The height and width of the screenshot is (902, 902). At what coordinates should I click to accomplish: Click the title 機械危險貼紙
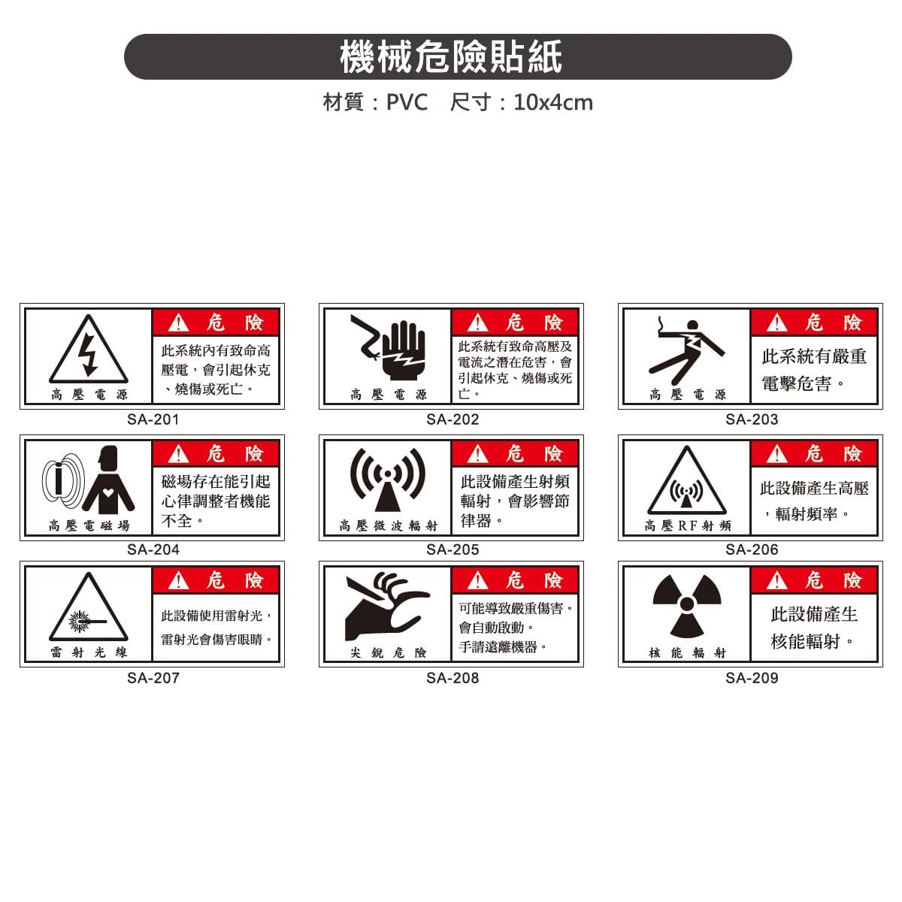tap(451, 57)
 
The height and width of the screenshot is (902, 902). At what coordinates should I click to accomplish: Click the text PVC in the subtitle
tap(407, 102)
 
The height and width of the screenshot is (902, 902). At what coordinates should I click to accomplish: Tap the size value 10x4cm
tap(553, 102)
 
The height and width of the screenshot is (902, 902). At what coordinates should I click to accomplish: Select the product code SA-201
tap(153, 419)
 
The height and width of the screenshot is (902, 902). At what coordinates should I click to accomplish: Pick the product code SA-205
tap(453, 549)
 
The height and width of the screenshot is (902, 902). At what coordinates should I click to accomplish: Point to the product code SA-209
tap(752, 678)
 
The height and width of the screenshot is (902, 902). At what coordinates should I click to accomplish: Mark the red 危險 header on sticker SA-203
tap(814, 322)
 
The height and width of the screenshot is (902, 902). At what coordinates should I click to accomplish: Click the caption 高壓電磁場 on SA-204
tap(89, 526)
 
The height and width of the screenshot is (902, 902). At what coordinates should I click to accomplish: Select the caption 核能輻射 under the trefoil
tap(688, 653)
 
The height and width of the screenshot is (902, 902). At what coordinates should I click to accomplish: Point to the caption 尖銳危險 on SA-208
tap(389, 653)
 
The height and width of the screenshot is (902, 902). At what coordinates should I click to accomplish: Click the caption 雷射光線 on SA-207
tap(89, 652)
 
